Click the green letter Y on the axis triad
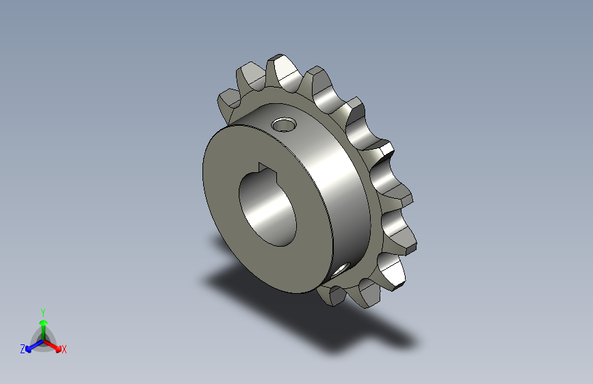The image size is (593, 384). (x=42, y=311)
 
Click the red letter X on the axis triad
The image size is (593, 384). (x=64, y=350)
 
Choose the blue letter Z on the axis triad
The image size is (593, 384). (x=23, y=349)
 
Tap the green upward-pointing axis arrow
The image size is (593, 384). (x=43, y=325)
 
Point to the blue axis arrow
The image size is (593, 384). (x=31, y=345)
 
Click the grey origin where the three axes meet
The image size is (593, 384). (x=43, y=340)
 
